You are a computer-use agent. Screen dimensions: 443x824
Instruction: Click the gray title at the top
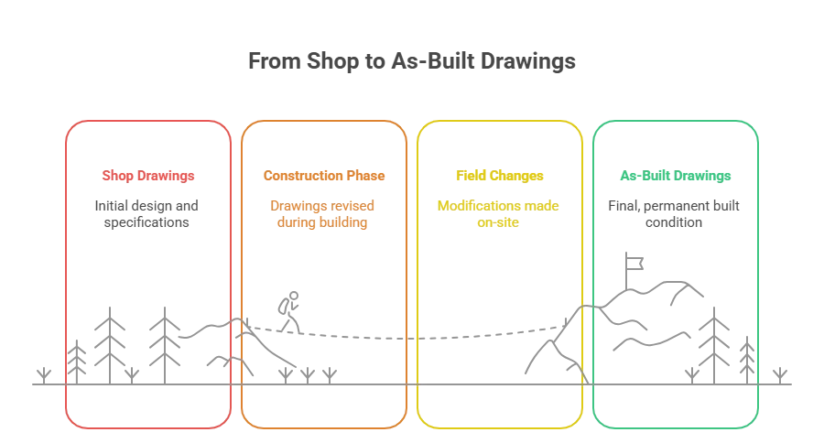[x=414, y=62]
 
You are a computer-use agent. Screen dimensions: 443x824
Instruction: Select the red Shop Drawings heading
[x=146, y=175]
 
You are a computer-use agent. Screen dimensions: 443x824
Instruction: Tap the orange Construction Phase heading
[x=324, y=175]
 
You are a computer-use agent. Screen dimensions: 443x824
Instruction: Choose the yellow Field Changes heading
[x=501, y=175]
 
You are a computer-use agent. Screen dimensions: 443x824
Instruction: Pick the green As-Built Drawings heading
[x=675, y=175]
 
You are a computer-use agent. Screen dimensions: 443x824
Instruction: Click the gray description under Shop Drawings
[x=146, y=211]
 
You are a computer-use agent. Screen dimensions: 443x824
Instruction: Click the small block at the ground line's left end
[x=41, y=373]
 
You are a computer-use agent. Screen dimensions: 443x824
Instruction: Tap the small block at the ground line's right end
[x=780, y=373]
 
